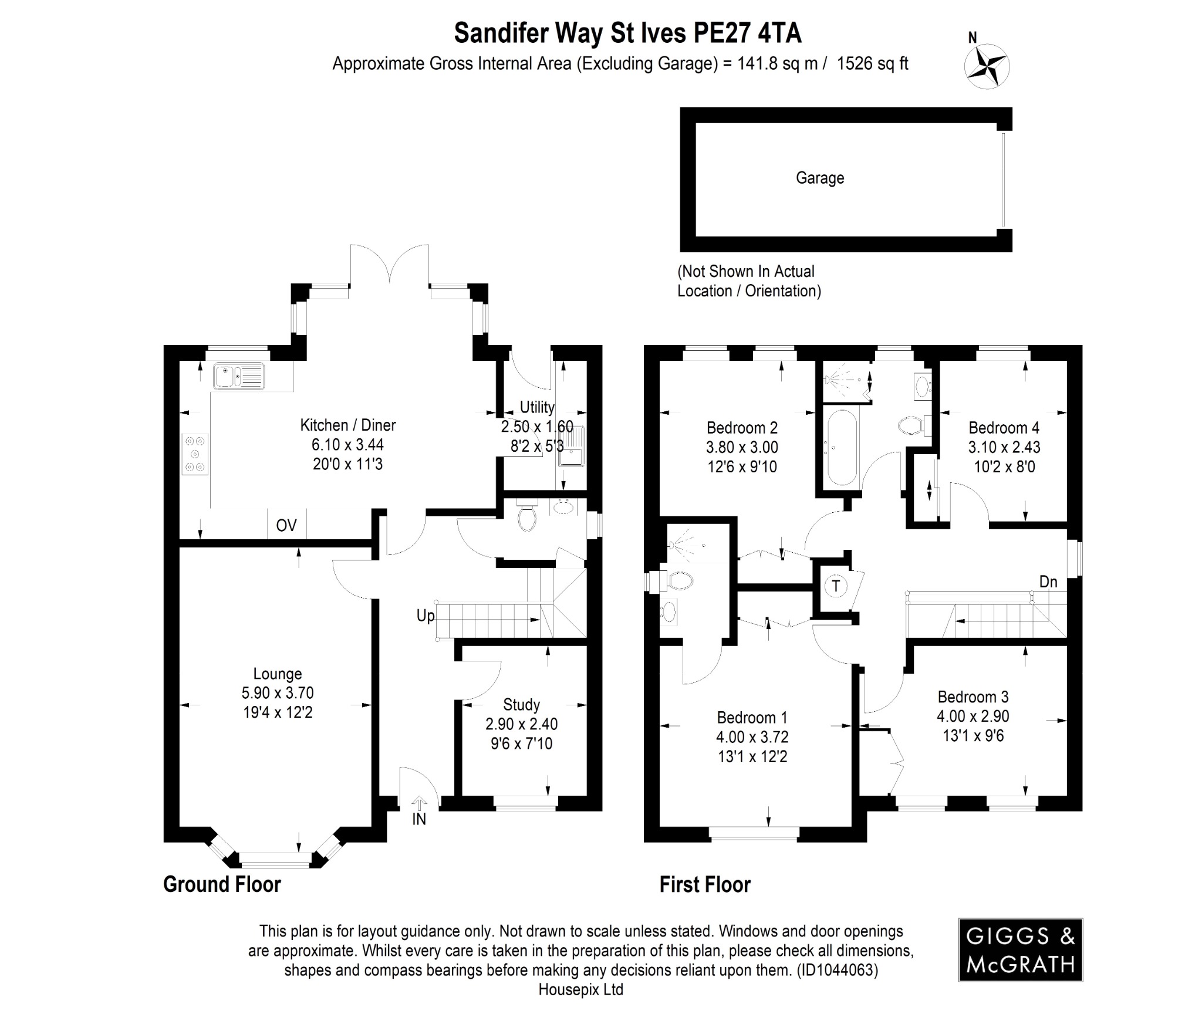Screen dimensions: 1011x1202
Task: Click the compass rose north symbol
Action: click(987, 65)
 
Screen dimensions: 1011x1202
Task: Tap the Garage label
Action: click(819, 178)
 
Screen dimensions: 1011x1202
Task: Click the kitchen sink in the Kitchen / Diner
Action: click(239, 376)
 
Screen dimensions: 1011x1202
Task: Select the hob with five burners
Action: click(195, 454)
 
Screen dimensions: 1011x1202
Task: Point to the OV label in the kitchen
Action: click(286, 525)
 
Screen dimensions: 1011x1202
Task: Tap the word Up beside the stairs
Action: click(426, 616)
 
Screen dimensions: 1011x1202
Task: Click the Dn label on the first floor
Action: click(1048, 581)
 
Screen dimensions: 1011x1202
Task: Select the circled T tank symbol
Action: click(836, 586)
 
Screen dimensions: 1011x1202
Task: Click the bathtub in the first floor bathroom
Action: click(840, 448)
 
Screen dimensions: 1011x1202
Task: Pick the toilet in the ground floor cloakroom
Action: click(527, 516)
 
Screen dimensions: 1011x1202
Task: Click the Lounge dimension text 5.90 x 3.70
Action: click(278, 693)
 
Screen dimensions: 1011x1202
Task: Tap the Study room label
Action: click(521, 704)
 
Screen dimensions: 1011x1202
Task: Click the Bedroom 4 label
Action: click(1004, 428)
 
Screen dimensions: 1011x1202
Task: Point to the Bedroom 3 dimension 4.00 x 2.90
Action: click(973, 716)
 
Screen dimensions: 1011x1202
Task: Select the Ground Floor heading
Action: click(222, 884)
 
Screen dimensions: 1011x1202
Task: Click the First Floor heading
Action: click(704, 884)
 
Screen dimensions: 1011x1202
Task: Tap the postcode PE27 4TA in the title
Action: click(747, 33)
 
